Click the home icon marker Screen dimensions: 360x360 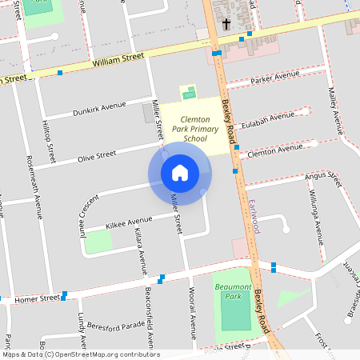point(180,172)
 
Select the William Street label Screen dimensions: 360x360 point(118,58)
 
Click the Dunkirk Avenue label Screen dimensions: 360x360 point(100,105)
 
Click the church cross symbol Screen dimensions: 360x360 point(226,24)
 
